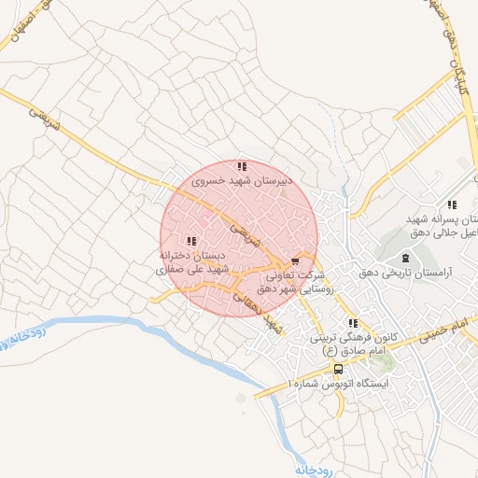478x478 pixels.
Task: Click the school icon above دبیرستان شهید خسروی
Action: coord(242,166)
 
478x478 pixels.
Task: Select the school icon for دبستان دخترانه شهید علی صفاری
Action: coord(192,241)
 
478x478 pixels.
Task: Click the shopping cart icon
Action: coord(296,261)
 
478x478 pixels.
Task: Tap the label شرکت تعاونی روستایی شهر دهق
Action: coord(296,282)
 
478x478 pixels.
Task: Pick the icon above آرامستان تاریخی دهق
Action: coord(404,258)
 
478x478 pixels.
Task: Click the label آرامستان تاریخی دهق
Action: coord(404,274)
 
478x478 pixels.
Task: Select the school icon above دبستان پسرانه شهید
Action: coord(452,204)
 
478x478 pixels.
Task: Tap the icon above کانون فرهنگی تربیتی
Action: coord(353,322)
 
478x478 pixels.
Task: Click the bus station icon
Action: coord(338,368)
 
